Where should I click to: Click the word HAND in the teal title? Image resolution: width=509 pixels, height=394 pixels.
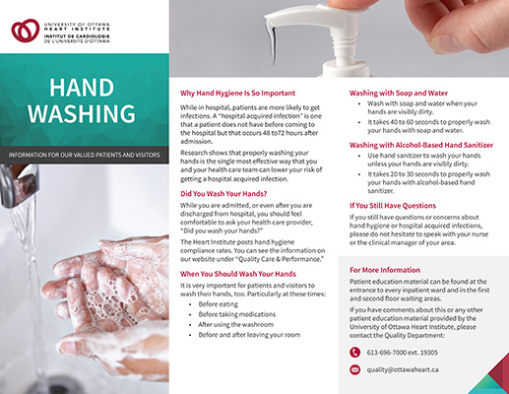click(83, 85)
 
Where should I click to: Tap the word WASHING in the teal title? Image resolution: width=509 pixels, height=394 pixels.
click(83, 114)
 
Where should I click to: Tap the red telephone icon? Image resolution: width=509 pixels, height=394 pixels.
click(355, 351)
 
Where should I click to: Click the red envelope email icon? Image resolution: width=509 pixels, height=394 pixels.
click(355, 370)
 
